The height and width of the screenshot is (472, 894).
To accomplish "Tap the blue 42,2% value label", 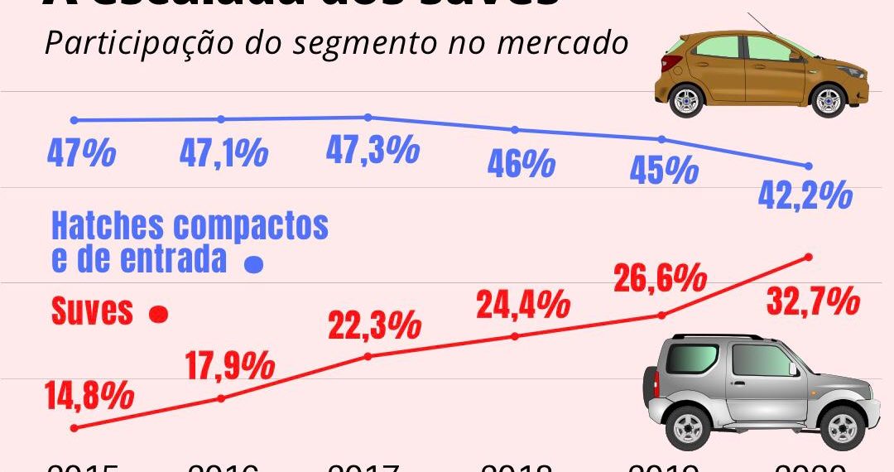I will pyautogui.click(x=805, y=195).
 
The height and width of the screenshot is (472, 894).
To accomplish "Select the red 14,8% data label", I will pyautogui.click(x=90, y=395).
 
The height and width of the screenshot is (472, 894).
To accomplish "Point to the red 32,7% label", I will pyautogui.click(x=813, y=301).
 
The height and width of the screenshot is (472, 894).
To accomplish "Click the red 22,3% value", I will pyautogui.click(x=374, y=326).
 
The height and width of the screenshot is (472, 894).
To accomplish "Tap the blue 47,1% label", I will pyautogui.click(x=223, y=154).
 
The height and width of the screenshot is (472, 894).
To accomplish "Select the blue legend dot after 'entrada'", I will pyautogui.click(x=254, y=265).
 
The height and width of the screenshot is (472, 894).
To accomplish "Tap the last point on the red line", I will pyautogui.click(x=809, y=257).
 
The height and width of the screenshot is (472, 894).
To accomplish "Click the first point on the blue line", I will pyautogui.click(x=74, y=121).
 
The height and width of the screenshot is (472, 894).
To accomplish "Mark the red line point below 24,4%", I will pyautogui.click(x=515, y=336).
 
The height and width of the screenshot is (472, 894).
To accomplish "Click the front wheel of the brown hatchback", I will pyautogui.click(x=829, y=101).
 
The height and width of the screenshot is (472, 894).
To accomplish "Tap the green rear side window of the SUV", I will pyautogui.click(x=692, y=358).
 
